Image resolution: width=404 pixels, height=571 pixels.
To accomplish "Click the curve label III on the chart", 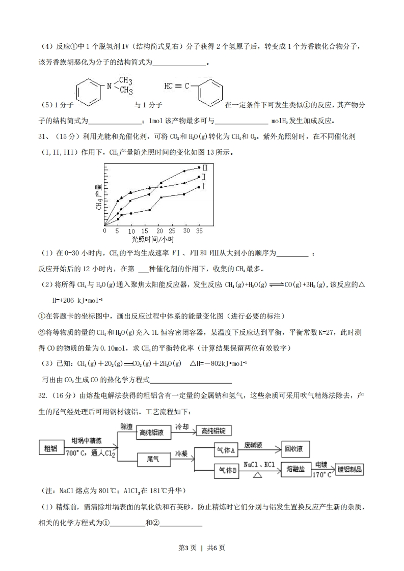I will point(205,167).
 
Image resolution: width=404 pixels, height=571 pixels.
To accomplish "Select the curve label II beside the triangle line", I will point(204,177).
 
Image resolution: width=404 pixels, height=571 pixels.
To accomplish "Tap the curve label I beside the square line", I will point(203,187).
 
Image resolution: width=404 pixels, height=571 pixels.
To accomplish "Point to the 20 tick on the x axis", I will point(159,231).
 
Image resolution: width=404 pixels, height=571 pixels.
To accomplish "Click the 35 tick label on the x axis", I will point(199,231).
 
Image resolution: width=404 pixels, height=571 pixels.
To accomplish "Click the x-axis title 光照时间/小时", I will point(153,239).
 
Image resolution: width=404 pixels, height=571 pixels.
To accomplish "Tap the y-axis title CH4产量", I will point(99,198).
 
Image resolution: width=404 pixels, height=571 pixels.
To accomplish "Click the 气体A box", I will point(225,450).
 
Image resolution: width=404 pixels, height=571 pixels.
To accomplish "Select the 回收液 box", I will point(294,449).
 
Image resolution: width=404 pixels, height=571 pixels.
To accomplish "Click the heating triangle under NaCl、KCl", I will point(258,475).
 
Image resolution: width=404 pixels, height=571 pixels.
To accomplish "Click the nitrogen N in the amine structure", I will point(109,86).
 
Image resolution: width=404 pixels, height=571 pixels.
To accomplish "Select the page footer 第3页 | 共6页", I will point(202,548).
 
